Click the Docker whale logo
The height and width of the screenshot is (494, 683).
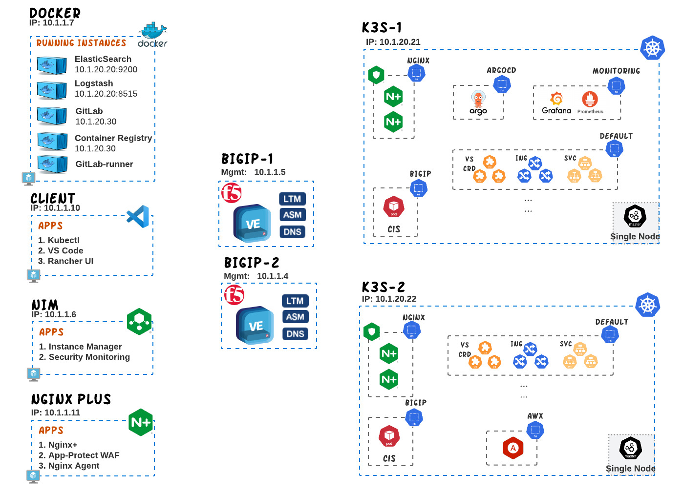pos(153,31)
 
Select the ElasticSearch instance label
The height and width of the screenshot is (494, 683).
pos(103,59)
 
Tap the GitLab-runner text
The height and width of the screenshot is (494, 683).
pos(104,164)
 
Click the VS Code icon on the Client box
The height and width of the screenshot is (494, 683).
pos(138,216)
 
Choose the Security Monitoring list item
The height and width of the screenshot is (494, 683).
pos(84,357)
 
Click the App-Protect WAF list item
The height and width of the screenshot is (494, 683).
pos(79,455)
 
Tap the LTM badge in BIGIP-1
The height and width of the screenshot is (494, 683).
pos(292,199)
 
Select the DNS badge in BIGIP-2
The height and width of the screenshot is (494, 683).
pos(295,334)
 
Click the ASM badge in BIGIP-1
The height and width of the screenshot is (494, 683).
pos(292,215)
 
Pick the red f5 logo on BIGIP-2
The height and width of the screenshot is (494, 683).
pos(234,295)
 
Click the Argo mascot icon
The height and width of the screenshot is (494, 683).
pos(478,100)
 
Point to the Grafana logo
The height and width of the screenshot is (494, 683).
pos(556,99)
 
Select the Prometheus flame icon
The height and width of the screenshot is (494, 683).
pos(590,99)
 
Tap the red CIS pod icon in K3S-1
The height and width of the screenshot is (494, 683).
pos(394,207)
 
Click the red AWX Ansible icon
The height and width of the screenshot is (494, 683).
pos(513,448)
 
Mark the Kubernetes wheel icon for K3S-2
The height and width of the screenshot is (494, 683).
pos(647,305)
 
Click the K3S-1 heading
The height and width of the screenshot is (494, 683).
pos(382,28)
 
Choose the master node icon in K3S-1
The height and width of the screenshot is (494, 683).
pos(635,216)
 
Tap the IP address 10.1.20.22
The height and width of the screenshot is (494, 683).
pos(396,299)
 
